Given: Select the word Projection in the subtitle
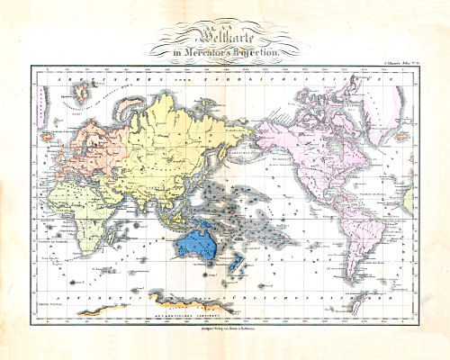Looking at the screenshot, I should click(x=261, y=53).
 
